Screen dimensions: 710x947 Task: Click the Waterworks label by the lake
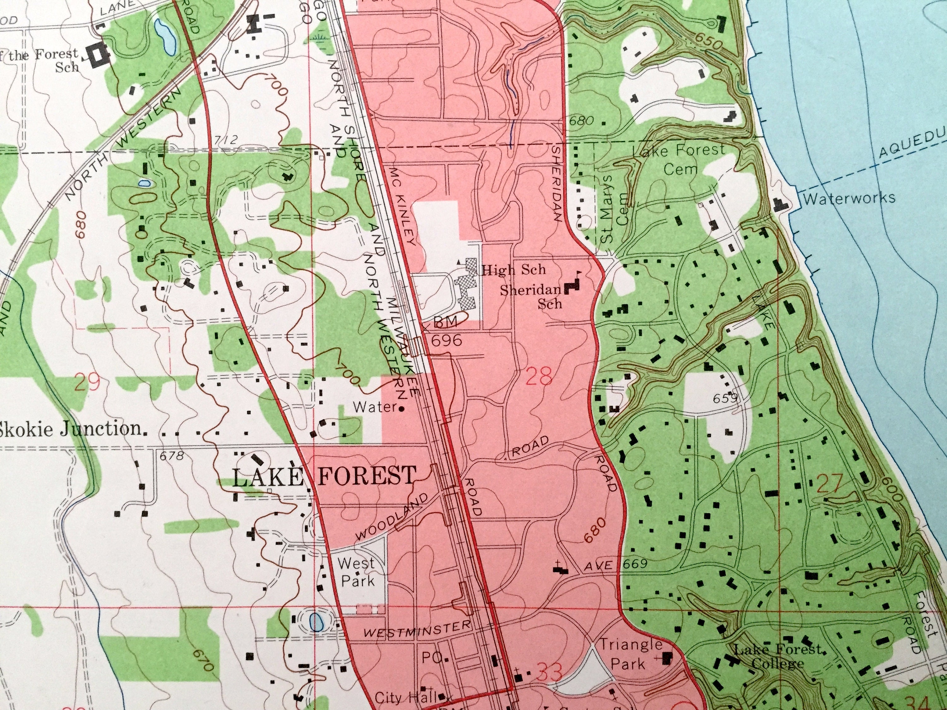(x=849, y=198)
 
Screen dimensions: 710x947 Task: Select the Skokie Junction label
(x=71, y=429)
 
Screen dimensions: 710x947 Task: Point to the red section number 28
(x=538, y=376)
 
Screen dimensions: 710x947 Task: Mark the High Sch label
(x=514, y=269)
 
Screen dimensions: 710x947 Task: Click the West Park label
(x=356, y=572)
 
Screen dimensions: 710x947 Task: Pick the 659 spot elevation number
(x=726, y=399)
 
